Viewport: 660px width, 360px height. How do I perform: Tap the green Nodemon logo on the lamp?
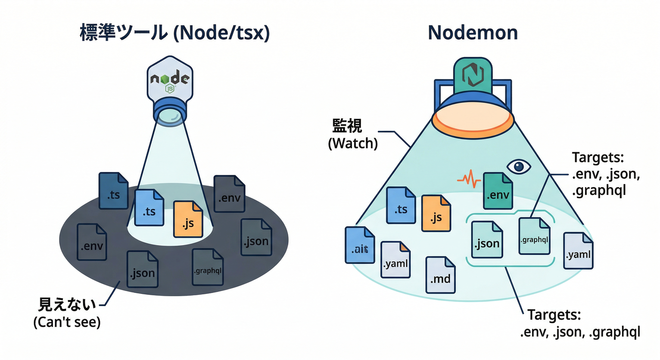tap(473, 75)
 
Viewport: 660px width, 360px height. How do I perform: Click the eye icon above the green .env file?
tap(519, 166)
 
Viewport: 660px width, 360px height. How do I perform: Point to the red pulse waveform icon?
tap(469, 179)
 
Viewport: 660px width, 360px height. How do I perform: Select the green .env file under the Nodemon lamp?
tap(498, 191)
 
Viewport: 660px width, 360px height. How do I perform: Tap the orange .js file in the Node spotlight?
tap(188, 219)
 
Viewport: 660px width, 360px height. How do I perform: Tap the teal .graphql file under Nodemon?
tap(534, 236)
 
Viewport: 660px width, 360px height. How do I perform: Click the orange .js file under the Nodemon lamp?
tap(436, 213)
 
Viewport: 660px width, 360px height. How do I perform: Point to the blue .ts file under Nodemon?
tap(401, 205)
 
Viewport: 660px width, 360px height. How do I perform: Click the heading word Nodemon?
tap(473, 33)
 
